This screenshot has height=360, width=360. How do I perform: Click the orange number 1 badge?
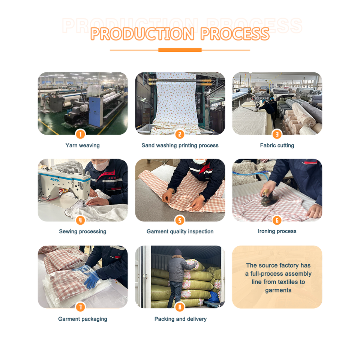80,134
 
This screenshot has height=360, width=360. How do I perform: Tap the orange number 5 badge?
180,220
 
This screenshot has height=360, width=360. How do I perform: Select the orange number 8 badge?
180,307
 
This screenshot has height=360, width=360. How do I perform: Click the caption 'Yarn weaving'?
82,145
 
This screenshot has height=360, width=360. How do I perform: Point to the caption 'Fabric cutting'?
277,145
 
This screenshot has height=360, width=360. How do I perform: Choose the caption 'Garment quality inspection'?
180,232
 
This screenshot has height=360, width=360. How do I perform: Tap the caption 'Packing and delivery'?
180,319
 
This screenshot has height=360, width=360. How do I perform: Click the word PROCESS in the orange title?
235,34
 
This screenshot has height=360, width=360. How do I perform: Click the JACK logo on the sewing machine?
55,180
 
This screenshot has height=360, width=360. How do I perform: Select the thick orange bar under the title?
180,50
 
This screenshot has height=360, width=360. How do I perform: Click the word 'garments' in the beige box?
278,290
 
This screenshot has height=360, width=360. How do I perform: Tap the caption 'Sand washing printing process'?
180,145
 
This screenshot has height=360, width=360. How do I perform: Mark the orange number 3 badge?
277,134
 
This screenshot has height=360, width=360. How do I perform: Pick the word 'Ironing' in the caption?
265,231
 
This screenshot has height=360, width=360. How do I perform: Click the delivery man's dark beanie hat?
177,252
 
